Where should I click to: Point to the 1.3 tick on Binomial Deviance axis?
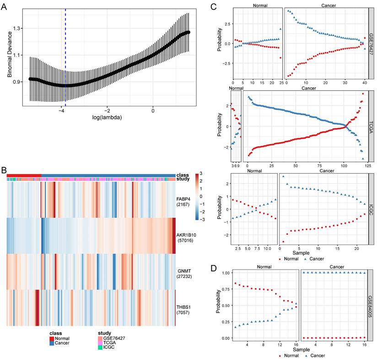click(x=18, y=28)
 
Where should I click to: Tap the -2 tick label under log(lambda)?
click(x=107, y=110)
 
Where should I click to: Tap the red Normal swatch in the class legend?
click(x=53, y=338)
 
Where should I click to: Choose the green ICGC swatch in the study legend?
click(x=100, y=347)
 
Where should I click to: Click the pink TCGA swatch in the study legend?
click(x=100, y=343)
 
